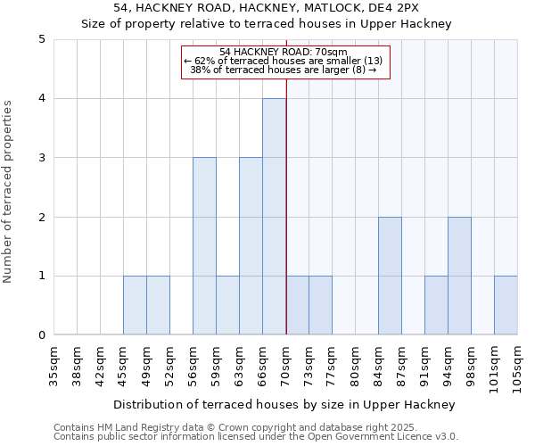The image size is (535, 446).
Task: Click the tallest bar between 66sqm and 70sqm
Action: (274, 217)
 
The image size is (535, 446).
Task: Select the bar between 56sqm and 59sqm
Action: (204, 246)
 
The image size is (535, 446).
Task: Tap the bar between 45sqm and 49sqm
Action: (135, 305)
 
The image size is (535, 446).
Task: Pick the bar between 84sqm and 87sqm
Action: (390, 276)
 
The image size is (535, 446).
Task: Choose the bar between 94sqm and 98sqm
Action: (459, 276)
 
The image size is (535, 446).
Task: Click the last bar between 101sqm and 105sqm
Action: (506, 305)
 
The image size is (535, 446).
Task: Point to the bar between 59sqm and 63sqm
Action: (227, 305)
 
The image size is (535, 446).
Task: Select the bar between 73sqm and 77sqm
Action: (320, 305)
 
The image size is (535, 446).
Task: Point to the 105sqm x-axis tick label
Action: (517, 368)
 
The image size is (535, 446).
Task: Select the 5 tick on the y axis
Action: (42, 39)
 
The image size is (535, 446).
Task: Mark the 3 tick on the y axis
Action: (42, 158)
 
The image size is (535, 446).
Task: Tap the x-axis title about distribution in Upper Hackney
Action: (284, 404)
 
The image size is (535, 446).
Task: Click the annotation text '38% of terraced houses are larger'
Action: (276, 70)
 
